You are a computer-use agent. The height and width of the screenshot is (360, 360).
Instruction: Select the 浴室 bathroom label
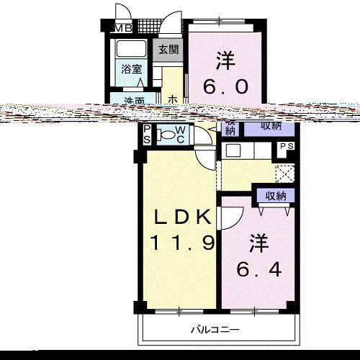130,71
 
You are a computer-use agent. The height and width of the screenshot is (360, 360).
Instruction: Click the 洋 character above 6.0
225,58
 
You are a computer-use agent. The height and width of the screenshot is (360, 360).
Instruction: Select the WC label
180,134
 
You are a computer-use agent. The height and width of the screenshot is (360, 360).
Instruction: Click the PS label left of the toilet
146,135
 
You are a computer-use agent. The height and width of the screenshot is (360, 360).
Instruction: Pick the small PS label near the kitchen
286,146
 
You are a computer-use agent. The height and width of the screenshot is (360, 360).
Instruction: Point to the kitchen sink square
233,150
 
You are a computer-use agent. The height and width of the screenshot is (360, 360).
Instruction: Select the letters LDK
182,217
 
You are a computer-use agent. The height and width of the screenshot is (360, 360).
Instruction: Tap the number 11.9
182,243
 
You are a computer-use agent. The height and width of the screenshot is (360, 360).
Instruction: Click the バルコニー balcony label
214,330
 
